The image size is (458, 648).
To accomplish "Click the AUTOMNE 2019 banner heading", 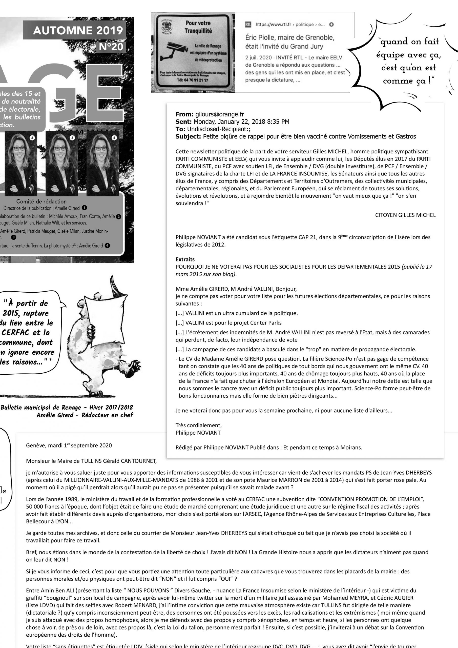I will point(78,30).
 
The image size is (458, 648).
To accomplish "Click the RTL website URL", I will point(290,25).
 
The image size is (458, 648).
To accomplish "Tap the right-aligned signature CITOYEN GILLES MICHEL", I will point(405,215).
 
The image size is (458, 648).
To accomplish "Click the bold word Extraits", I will point(185,259).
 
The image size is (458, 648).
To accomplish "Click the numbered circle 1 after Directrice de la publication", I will point(84,208).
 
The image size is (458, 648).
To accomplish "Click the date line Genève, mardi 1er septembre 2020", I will point(69,445).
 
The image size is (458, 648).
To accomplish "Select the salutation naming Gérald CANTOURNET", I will point(91,461).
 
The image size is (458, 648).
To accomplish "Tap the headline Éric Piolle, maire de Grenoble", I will point(289,42).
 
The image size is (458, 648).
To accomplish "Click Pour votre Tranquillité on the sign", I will point(198,27).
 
